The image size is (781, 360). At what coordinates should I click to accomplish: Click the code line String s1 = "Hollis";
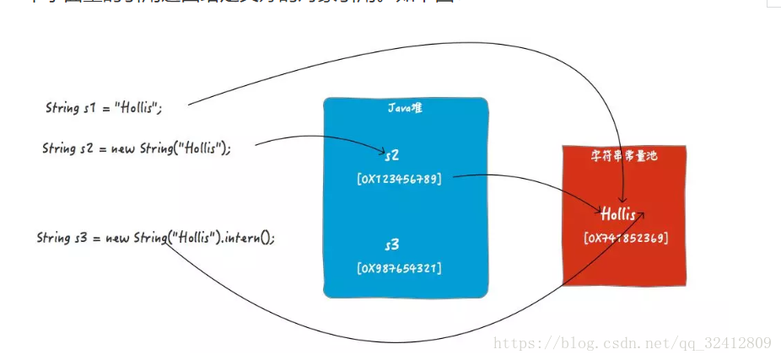pos(103,108)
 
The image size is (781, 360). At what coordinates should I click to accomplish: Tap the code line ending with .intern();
pos(156,238)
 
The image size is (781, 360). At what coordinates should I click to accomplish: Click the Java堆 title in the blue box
pos(405,108)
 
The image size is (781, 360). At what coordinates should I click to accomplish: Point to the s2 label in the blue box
pos(391,156)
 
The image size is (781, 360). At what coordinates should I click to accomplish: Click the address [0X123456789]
pos(399,179)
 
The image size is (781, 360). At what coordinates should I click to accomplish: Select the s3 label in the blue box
pos(391,245)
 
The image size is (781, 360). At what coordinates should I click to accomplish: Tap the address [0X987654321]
pos(399,268)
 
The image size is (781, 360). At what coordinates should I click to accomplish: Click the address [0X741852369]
pos(626,239)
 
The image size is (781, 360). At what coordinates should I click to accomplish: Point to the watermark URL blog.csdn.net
pos(632,342)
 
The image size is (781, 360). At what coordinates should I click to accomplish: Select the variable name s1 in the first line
pos(91,108)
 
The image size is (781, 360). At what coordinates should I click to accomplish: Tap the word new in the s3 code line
pos(116,238)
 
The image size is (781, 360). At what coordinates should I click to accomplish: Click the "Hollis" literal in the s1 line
pos(137,108)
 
